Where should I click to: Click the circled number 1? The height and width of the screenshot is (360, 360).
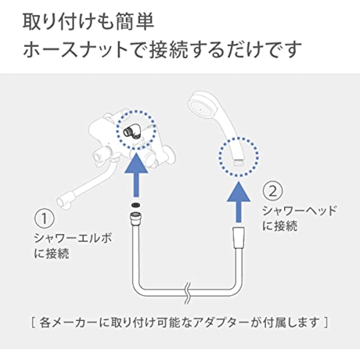pyautogui.click(x=44, y=219)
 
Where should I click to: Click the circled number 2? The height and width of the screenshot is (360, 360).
pyautogui.click(x=273, y=191)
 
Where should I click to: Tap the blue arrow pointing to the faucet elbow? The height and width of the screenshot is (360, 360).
pyautogui.click(x=136, y=175)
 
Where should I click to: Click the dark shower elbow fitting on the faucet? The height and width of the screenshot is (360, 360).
pyautogui.click(x=133, y=131)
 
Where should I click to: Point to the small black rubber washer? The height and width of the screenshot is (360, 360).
pyautogui.click(x=136, y=205)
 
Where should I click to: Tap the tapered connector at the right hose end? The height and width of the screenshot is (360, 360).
pyautogui.click(x=239, y=238)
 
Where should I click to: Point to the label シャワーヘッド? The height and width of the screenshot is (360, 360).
pyautogui.click(x=299, y=211)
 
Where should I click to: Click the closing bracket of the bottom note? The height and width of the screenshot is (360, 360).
pyautogui.click(x=325, y=323)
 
